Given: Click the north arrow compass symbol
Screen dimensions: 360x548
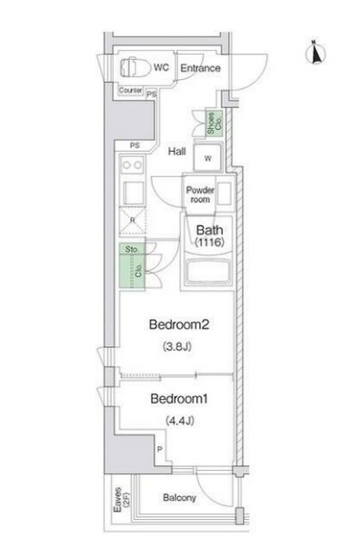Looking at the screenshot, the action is pos(315,53).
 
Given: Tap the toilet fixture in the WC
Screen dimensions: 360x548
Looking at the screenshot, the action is pos(134,67).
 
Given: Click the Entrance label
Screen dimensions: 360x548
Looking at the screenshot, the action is pos(200,68).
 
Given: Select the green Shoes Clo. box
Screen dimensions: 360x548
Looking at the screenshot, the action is pos(214,124).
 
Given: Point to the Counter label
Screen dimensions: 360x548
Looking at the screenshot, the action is pos(130,90).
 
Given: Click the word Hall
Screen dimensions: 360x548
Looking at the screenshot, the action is pos(177,152).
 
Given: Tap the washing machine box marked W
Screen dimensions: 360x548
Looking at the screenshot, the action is pos(207,157).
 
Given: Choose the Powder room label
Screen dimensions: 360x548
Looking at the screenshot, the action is pos(200,194).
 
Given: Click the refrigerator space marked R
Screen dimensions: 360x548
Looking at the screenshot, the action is pos(133,220).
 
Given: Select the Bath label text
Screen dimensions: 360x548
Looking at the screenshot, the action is pos(209,230).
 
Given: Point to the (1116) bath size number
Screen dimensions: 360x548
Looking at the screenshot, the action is pos(209,242).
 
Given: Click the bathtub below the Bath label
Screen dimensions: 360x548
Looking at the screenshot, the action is pos(209,271).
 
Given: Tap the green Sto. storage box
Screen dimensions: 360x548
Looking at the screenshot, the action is pos(132,248).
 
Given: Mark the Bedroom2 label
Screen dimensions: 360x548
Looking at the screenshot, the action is pos(179,324).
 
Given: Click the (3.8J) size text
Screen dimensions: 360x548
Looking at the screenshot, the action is pos(177,346).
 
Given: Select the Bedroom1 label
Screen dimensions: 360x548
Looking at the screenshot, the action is pos(179,399).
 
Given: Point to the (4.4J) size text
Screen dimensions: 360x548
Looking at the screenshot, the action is pos(180,421).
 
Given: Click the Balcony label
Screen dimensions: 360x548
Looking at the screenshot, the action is pos(179,497).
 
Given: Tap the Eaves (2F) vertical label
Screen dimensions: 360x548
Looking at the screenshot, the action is pos(122,500).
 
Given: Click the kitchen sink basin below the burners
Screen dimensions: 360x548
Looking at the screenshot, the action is pos(133,194).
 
